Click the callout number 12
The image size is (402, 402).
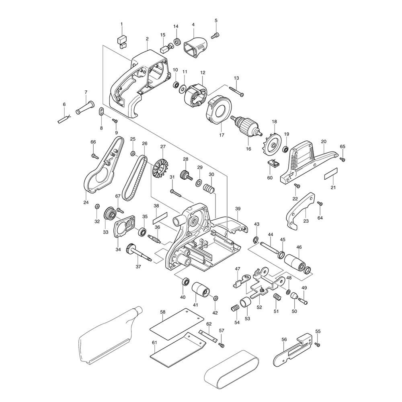pyautogui.click(x=203, y=73)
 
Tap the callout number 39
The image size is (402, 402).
pyautogui.click(x=238, y=209)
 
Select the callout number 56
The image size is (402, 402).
pyautogui.click(x=284, y=339)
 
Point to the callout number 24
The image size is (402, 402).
pyautogui.click(x=86, y=203)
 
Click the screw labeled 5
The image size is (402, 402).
pyautogui.click(x=215, y=36)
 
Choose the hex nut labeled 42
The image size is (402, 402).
pyautogui.click(x=215, y=298)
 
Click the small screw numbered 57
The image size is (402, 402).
pyautogui.click(x=221, y=345)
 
